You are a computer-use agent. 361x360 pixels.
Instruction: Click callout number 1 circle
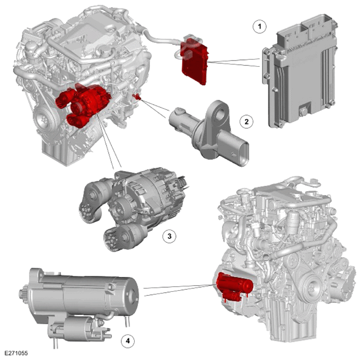coord(260,26)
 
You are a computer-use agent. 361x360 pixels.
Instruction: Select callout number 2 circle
coord(247,121)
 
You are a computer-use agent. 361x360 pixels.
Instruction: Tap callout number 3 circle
coord(169,236)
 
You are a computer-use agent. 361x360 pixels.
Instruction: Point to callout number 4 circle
coord(128,341)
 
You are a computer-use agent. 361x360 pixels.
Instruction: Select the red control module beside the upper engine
coord(195,61)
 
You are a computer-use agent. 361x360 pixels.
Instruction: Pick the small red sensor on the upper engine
coord(137,97)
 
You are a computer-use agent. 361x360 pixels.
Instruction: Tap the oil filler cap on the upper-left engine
coord(105,49)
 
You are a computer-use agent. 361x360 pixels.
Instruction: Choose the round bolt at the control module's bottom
coord(304,112)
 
